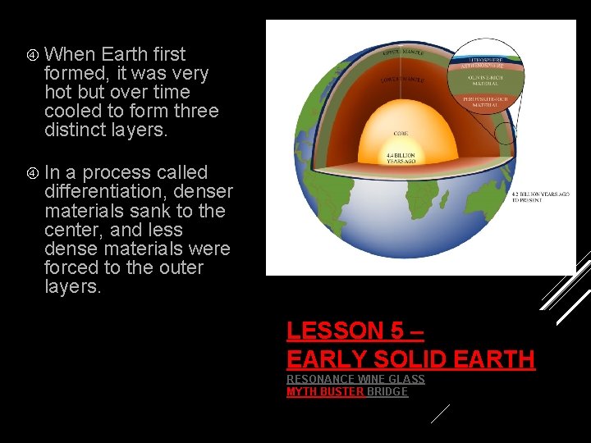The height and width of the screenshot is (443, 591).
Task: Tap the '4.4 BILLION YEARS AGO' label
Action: (400, 158)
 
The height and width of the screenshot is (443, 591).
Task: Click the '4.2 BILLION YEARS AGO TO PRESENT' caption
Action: (539, 197)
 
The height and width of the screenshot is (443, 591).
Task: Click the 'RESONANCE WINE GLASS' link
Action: (355, 379)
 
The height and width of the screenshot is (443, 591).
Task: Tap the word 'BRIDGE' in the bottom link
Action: (387, 392)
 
